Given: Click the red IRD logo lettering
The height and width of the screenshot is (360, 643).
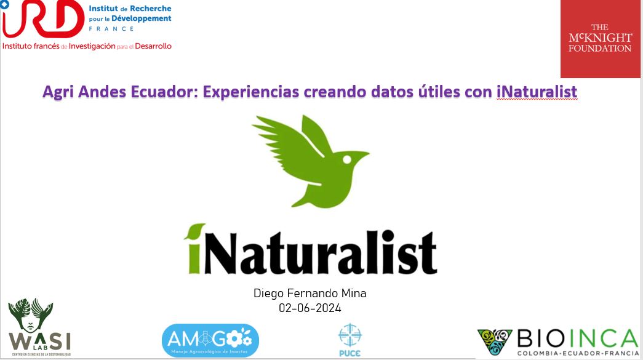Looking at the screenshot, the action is coord(43,19).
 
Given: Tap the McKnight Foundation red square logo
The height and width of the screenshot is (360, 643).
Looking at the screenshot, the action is coord(601,39).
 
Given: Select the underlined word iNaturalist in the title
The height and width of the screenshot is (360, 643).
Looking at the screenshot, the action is coord(537,92).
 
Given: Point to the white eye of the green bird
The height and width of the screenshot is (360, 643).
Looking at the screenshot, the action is coord(347,160).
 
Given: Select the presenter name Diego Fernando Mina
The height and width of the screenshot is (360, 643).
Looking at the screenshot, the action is coord(310,293).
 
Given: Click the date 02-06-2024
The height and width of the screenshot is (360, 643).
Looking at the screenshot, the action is coord(310,308).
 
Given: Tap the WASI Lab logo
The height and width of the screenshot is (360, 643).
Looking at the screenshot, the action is coord(40,327).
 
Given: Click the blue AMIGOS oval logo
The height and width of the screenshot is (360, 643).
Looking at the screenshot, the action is coord(210,340).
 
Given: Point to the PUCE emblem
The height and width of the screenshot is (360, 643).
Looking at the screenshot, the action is coord(349,340).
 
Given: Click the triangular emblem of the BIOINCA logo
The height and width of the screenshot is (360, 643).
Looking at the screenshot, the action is coord(495,341).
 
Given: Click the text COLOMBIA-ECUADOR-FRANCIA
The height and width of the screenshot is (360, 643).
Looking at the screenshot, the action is coord(578,353).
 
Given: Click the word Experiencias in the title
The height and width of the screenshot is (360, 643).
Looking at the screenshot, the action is coord(251,92).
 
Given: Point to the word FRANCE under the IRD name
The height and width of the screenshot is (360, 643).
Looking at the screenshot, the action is coord(111,29).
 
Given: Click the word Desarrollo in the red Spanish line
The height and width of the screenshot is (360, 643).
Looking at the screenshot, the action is coord(153,46).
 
